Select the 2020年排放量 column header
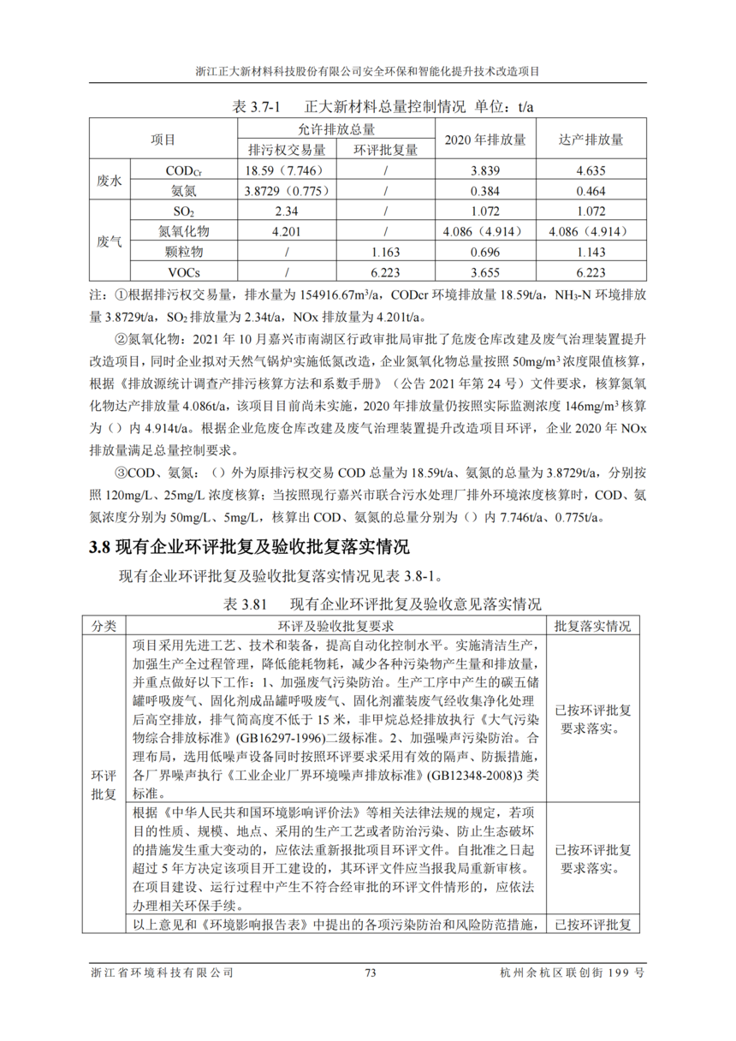click(x=484, y=139)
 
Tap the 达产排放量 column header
click(x=590, y=139)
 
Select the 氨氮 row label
click(x=183, y=191)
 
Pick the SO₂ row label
click(x=183, y=211)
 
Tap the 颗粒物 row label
click(x=183, y=253)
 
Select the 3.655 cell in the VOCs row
click(x=484, y=273)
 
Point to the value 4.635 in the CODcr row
click(x=590, y=170)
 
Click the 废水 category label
click(x=110, y=181)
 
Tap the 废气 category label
click(x=110, y=242)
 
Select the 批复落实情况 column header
click(x=593, y=626)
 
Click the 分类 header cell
click(x=108, y=626)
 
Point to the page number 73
click(x=371, y=973)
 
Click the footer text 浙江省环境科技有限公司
click(x=162, y=973)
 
